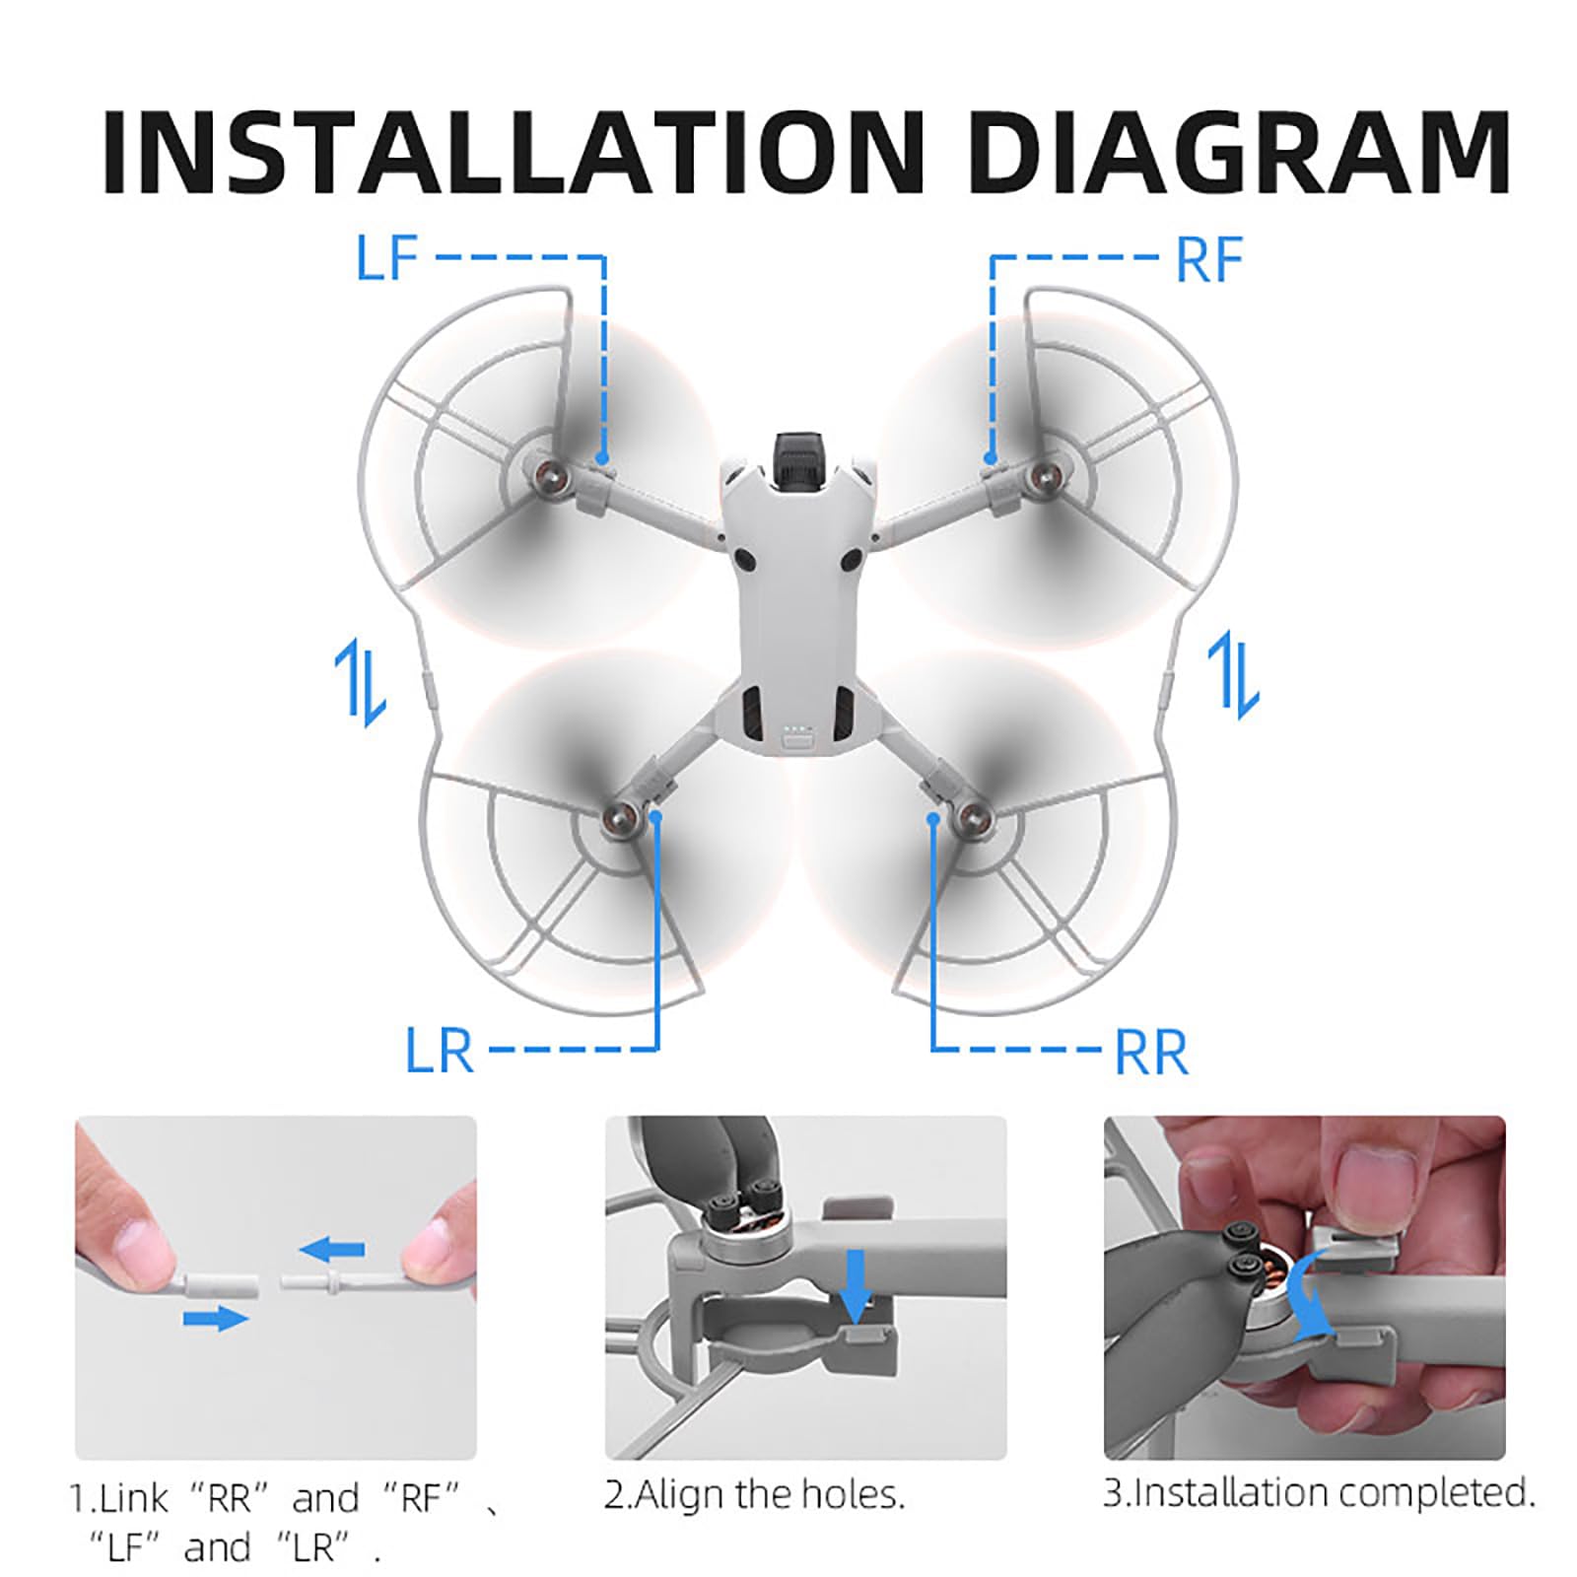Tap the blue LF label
(x=387, y=258)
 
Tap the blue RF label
(x=1209, y=260)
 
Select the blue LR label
(x=440, y=1051)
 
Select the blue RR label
(x=1150, y=1053)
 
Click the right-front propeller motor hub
(x=1037, y=480)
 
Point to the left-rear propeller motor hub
(x=619, y=816)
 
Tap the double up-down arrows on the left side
(x=360, y=681)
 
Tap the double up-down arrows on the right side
(x=1233, y=675)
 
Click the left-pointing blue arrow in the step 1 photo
(x=332, y=1251)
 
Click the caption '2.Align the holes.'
(x=754, y=1495)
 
